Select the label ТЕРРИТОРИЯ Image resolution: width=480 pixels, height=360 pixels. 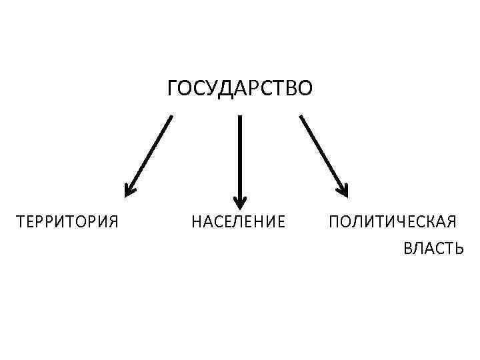click(x=67, y=221)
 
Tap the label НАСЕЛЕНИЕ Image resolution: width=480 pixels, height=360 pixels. click(x=238, y=221)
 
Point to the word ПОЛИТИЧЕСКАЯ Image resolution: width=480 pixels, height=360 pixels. click(x=393, y=221)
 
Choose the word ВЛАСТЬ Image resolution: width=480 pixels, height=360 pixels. click(x=433, y=249)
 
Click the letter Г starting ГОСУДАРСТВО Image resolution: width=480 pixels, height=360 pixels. click(x=172, y=88)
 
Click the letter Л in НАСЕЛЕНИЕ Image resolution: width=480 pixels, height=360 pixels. click(x=238, y=221)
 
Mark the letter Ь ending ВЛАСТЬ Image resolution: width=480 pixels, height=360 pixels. click(x=458, y=249)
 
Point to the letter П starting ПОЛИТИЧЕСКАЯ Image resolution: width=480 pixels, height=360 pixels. click(x=333, y=221)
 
